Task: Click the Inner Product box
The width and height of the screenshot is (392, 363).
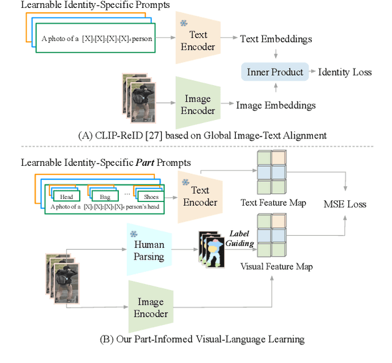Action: [275, 72]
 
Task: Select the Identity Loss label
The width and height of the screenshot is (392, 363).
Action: [345, 72]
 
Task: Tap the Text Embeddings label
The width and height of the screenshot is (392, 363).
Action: [276, 39]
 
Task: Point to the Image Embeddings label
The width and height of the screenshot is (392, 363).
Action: [276, 105]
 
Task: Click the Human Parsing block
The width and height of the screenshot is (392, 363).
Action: [149, 251]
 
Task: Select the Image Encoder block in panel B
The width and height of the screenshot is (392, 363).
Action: [151, 308]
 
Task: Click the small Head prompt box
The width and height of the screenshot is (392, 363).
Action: [67, 196]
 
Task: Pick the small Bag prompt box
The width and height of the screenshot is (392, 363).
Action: [105, 196]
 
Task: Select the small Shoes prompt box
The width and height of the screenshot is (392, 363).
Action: [151, 196]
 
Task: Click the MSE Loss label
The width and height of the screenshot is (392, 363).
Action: [345, 204]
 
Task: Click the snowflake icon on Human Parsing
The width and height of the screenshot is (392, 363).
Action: [134, 234]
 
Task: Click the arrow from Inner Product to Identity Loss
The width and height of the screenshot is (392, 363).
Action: [312, 72]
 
